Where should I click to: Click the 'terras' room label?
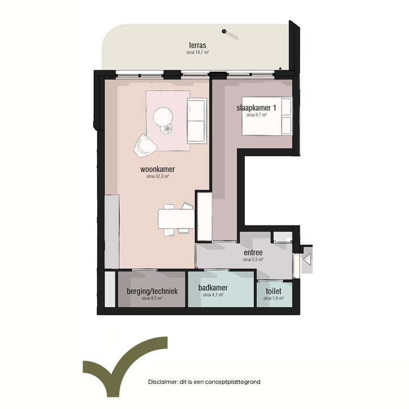point(198,45)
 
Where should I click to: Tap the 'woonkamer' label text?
point(157,169)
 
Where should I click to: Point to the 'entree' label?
point(253,252)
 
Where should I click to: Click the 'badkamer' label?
point(213,289)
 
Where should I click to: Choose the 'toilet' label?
point(274,290)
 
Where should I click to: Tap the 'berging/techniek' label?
point(152,291)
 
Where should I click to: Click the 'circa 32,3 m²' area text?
point(157,177)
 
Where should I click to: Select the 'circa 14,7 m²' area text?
point(198,52)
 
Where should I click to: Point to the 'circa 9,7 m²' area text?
point(257,115)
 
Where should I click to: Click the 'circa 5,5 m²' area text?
point(253,259)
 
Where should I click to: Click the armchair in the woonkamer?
point(145,145)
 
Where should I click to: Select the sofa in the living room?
point(197,120)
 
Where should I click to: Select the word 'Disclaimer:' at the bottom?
point(163,382)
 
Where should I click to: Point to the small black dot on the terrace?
point(225,31)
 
